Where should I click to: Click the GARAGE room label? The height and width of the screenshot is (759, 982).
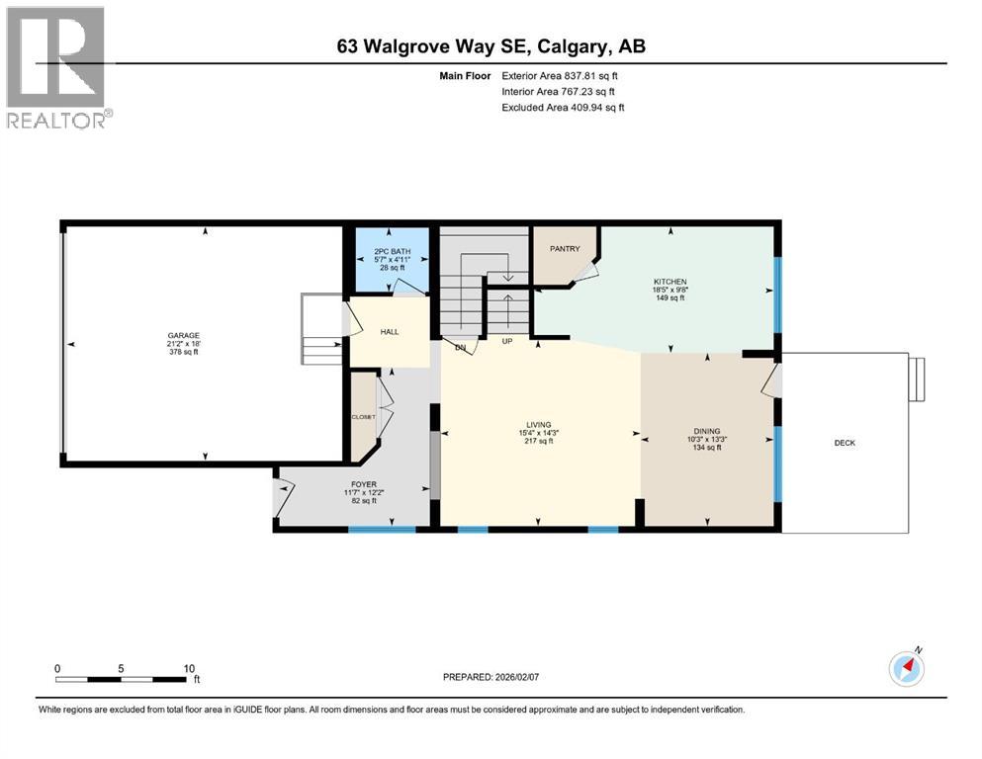tap(183, 335)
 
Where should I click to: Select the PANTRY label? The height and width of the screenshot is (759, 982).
tap(565, 249)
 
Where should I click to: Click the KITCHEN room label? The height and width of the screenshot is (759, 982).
tap(670, 282)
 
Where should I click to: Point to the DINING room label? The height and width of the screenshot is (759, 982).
tap(706, 431)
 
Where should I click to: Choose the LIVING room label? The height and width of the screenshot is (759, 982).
tap(538, 425)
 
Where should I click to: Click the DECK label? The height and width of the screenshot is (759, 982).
tap(845, 443)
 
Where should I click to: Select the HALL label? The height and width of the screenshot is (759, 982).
tap(390, 331)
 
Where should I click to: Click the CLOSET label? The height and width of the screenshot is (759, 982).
tap(363, 417)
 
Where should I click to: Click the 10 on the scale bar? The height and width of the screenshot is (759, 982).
tap(189, 668)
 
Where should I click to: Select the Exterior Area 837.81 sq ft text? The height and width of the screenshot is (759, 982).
tap(561, 75)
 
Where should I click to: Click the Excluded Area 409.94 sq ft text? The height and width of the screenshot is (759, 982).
tap(563, 107)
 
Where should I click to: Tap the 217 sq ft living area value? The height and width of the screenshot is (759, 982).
tap(538, 441)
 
